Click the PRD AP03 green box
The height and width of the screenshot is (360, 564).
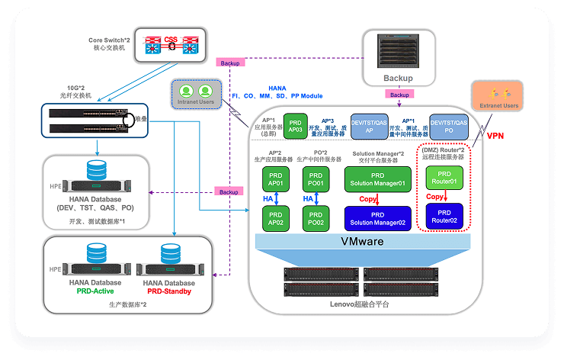click(x=294, y=126)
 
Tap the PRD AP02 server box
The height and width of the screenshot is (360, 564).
click(x=275, y=220)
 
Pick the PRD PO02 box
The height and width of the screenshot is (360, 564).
click(x=316, y=220)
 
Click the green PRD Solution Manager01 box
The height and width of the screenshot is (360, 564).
click(x=377, y=180)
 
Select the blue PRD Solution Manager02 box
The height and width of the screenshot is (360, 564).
click(x=377, y=219)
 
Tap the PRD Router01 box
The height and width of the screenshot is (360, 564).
click(x=443, y=178)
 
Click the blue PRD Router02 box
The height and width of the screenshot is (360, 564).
click(x=443, y=216)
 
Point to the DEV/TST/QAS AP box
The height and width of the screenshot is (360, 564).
click(x=368, y=126)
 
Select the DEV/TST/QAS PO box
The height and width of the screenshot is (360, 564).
click(x=448, y=127)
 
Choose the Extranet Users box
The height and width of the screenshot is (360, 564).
click(x=499, y=100)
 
